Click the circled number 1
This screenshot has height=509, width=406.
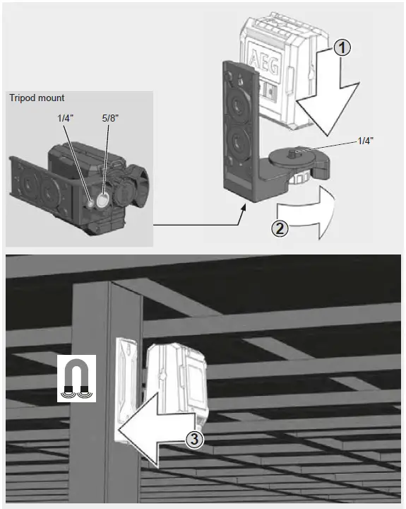click(341, 48)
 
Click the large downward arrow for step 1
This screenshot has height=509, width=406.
click(326, 99)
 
